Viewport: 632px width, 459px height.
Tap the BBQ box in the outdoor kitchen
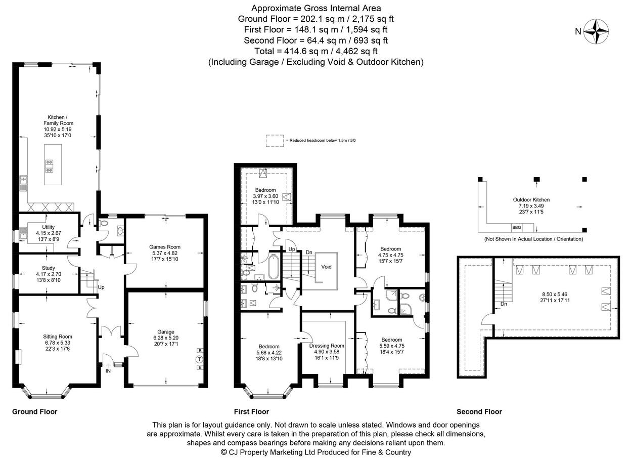[516, 227]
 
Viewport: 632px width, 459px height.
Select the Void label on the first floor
[326, 267]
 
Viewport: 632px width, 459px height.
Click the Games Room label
[165, 247]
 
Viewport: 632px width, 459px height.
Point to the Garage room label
[166, 332]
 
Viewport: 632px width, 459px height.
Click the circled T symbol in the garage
[200, 359]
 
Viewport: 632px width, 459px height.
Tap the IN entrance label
[108, 371]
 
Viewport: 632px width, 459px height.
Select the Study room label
[48, 268]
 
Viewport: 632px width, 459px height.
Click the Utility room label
[48, 227]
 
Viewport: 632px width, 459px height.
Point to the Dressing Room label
[327, 346]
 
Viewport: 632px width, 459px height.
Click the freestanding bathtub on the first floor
[273, 267]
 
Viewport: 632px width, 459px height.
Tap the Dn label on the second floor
[504, 304]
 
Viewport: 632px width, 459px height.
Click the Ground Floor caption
[35, 411]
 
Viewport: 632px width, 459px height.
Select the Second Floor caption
[479, 411]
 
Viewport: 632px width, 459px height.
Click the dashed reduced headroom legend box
[275, 141]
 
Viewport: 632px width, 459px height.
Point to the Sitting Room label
[58, 337]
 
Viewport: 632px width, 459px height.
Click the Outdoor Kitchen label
[531, 200]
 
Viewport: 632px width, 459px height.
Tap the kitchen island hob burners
[50, 166]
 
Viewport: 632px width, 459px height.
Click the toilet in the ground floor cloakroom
[103, 223]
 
